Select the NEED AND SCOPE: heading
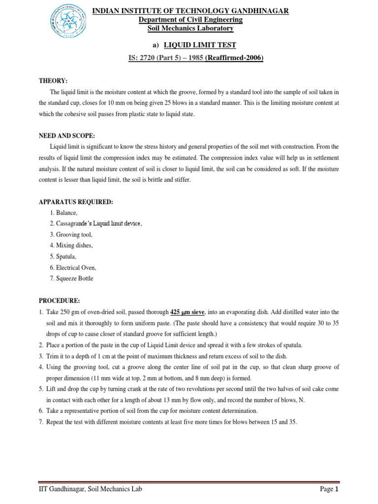pos(66,135)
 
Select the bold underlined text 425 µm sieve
pos(188,312)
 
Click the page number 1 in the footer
pos(337,489)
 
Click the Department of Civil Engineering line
pos(190,20)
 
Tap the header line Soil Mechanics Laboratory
pos(190,29)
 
